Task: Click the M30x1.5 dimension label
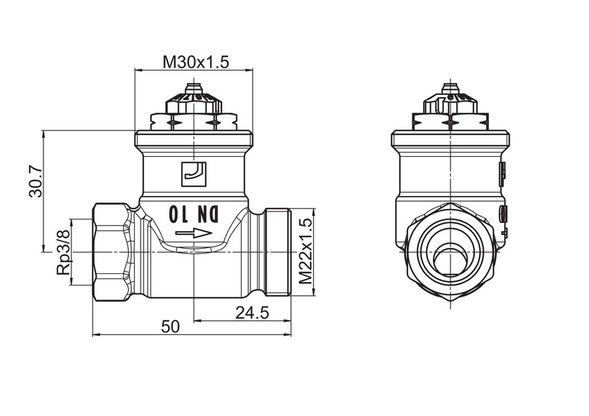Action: point(195,62)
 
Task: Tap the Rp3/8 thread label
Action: point(63,252)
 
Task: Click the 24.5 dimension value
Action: point(252,312)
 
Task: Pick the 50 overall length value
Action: point(170,327)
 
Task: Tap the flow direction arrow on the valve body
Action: point(194,233)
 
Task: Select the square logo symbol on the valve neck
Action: point(194,174)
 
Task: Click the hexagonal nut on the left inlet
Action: point(112,252)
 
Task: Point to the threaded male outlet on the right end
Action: point(278,252)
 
